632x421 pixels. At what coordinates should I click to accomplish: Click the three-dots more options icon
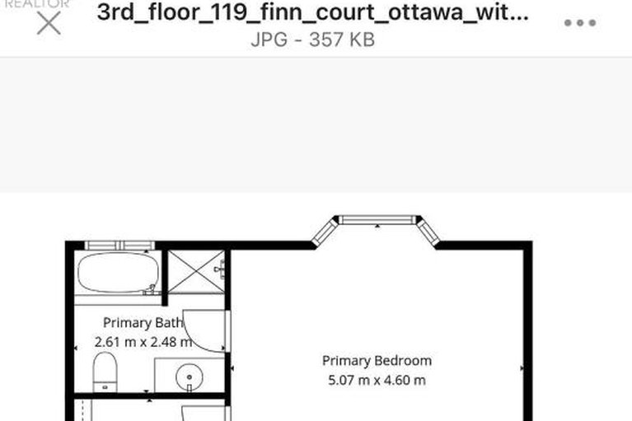[x=580, y=23]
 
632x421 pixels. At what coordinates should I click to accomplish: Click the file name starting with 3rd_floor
[x=313, y=13]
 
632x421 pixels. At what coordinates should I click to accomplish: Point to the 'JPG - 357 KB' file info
[x=313, y=40]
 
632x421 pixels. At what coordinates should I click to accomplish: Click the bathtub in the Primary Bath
[x=117, y=272]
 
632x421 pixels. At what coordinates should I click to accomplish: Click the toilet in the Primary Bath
[x=105, y=371]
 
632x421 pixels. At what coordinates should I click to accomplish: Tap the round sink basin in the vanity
[x=189, y=377]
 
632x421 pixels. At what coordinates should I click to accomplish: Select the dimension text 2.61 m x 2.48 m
[x=143, y=341]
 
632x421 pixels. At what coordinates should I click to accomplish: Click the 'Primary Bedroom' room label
[x=377, y=361]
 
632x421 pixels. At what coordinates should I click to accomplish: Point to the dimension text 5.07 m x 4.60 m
[x=377, y=380]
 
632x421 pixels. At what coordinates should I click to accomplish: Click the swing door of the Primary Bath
[x=204, y=330]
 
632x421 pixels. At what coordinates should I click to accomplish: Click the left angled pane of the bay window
[x=325, y=232]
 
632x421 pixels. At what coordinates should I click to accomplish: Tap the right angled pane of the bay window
[x=428, y=232]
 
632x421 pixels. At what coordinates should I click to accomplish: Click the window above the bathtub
[x=119, y=246]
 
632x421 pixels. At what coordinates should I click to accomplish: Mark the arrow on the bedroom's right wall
[x=521, y=368]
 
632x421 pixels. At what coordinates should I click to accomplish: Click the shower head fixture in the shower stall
[x=221, y=268]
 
